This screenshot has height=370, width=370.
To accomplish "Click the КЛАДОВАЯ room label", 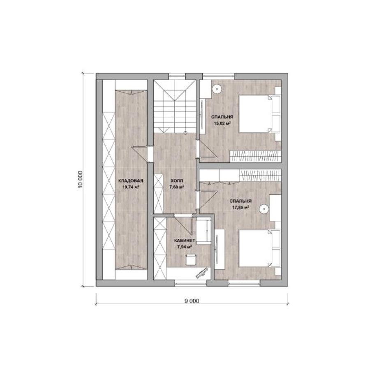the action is pos(131,181).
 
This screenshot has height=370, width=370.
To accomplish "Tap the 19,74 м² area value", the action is pos(130,187).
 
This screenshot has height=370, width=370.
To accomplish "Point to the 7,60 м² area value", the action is pos(177,187).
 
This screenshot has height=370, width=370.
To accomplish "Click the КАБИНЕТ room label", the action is pos(185,240).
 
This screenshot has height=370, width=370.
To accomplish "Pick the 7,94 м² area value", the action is pos(184,247).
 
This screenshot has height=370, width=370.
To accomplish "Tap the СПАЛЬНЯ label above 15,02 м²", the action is pos(222,117).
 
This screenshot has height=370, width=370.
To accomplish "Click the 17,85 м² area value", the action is pos(241,208).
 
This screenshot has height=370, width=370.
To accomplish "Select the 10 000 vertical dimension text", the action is pos(81,179).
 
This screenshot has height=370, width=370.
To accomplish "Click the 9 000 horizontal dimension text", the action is pos(192,301).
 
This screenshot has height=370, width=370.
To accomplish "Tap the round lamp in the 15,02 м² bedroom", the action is pos(216,89).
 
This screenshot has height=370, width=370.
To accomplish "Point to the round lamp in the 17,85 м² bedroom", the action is pos(264,209).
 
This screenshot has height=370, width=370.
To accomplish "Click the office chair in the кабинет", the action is pos(190,259).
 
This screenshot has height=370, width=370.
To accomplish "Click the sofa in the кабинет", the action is pos(203,231).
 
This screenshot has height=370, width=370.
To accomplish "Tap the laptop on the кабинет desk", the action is pos(202,273).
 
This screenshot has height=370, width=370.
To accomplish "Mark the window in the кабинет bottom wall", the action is pos(191,283).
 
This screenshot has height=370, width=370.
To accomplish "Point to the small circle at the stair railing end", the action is pos(185,133).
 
